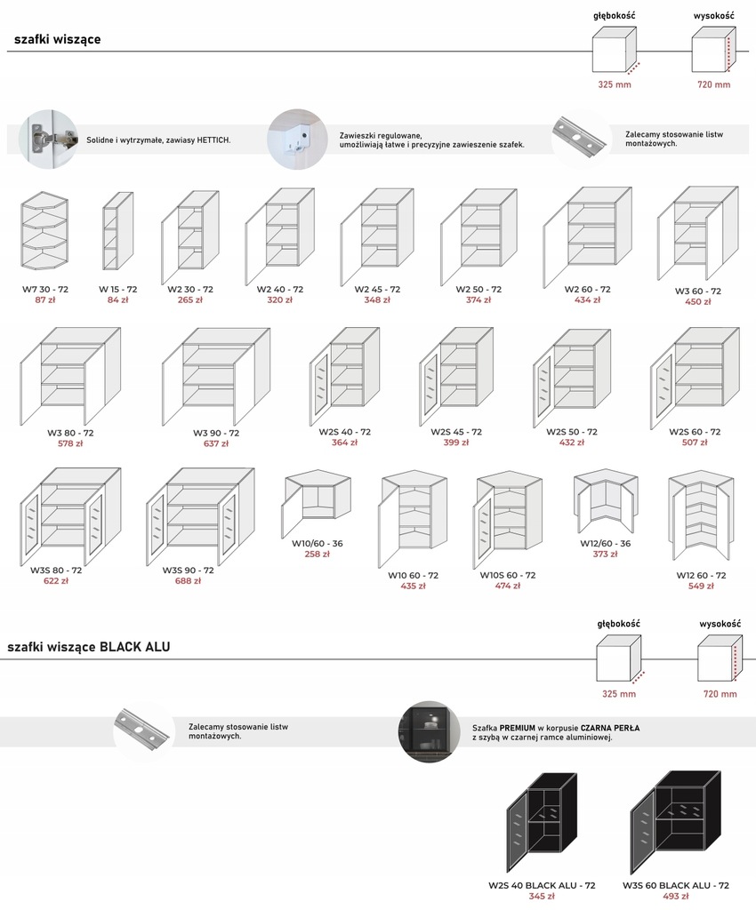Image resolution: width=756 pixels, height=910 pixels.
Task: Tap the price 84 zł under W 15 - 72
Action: (117, 300)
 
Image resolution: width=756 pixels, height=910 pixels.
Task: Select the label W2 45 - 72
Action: (377, 290)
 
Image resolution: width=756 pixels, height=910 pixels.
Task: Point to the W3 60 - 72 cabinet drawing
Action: (697, 234)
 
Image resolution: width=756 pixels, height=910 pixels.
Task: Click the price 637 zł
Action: (216, 443)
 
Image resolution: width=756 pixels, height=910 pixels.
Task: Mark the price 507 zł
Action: (695, 443)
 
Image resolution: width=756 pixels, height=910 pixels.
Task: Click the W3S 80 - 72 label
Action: (56, 571)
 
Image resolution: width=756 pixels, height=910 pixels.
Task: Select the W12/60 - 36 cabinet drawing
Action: (606, 500)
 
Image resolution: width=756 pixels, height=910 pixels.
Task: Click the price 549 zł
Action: (701, 587)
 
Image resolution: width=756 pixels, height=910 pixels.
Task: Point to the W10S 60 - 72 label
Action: (508, 575)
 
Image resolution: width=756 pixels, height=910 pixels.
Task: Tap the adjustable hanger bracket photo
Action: (298, 138)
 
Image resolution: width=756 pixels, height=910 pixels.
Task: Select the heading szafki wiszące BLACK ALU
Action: (89, 648)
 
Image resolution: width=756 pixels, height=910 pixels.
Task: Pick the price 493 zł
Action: (676, 897)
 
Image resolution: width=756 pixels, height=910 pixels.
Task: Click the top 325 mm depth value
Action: (614, 85)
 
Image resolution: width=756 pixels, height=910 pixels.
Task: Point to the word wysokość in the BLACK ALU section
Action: (720, 624)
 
